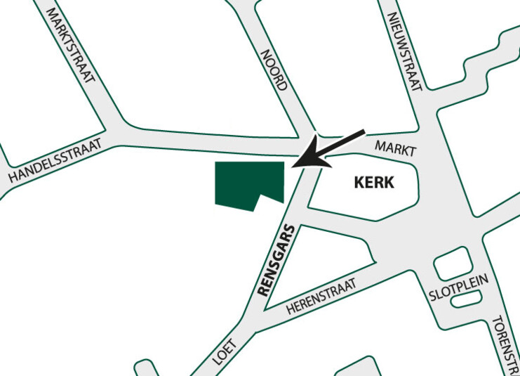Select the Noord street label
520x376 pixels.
coord(274,70)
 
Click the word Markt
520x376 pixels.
coord(396,148)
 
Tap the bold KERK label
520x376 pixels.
coord(374,183)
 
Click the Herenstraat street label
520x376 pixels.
coord(321,296)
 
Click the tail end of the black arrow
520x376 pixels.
coord(363,132)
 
